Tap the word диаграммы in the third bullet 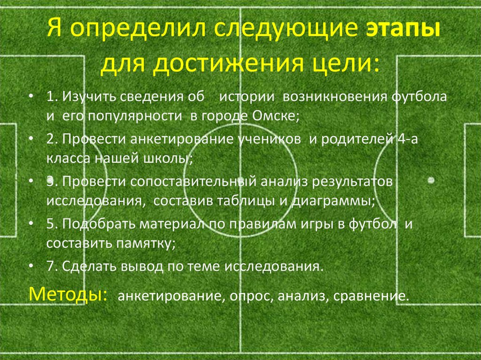(x=334, y=200)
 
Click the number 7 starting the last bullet (x=50, y=266)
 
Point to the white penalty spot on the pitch (x=430, y=180)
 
